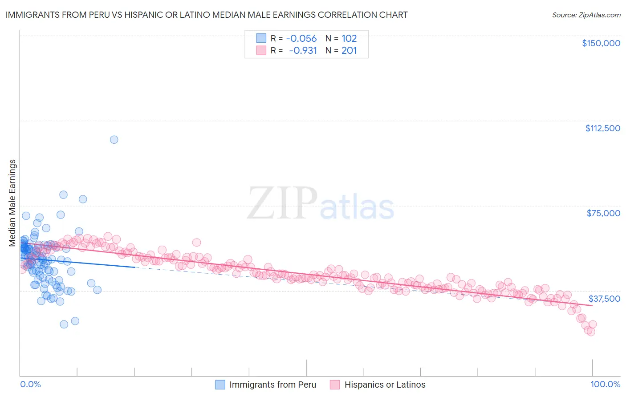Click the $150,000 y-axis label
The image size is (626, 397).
coord(601,43)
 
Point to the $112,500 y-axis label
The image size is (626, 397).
coord(602,128)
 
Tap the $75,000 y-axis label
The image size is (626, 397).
coord(603,213)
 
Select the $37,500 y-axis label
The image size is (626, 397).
coord(604,299)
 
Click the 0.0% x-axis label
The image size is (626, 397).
coord(30,384)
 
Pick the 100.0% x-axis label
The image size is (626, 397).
coord(605,384)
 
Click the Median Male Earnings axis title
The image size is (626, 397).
coord(12,203)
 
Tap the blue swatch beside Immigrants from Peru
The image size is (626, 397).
coord(220,385)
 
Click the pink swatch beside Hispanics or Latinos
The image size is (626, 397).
coord(335,385)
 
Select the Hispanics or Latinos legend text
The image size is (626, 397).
coord(385,385)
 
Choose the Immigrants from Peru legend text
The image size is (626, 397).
coord(272,385)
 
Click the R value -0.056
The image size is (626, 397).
coord(301,39)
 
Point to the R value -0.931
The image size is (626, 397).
coord(303,51)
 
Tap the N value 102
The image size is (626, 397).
coord(349,39)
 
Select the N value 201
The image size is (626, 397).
coord(349,51)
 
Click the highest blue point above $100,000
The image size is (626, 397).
coord(114,140)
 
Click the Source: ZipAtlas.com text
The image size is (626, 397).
coord(586,15)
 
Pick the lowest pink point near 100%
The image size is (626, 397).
coord(591,332)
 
